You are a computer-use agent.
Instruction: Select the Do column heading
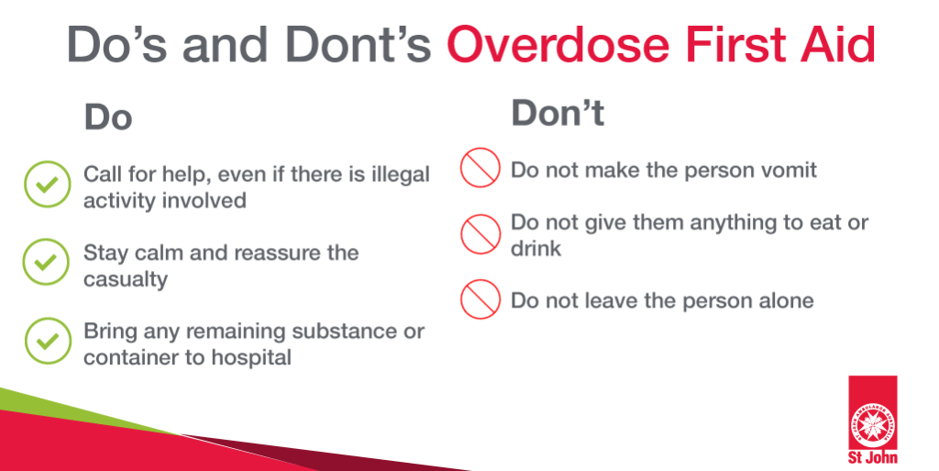coord(108,117)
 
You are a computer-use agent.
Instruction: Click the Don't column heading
coord(558,113)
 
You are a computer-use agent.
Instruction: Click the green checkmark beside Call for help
coord(48,185)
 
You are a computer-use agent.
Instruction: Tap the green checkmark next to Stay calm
coord(46,262)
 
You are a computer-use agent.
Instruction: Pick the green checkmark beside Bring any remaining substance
coord(48,341)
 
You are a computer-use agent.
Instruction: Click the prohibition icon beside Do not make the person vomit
coord(481,168)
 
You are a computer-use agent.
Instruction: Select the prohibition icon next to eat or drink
coord(481,234)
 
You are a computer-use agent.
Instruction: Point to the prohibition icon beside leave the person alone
coord(481,299)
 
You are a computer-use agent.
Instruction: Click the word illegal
coord(400,175)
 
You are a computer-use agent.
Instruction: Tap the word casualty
coord(125,280)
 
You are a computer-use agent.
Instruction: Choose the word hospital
coord(251,358)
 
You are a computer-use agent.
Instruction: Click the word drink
coord(536,248)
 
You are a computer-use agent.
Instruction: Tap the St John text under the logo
coord(873,457)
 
